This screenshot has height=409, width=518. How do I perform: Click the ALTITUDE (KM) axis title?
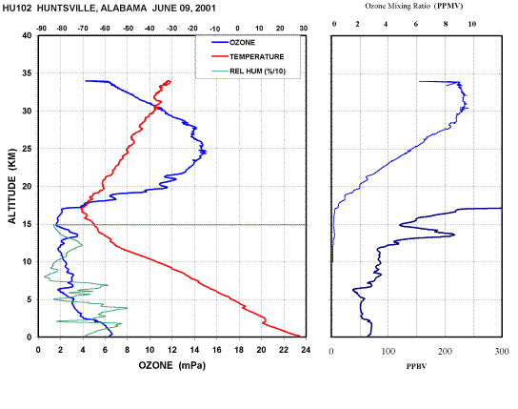[x=11, y=186]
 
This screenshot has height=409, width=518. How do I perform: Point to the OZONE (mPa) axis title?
[x=171, y=365]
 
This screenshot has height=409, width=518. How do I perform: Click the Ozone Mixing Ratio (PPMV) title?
[x=414, y=6]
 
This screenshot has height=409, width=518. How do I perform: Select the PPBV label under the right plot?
[x=416, y=366]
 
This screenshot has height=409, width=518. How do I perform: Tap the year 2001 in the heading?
[x=205, y=9]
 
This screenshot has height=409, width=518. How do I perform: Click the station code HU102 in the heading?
[x=17, y=9]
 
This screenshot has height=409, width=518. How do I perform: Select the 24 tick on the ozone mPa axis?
[x=306, y=350]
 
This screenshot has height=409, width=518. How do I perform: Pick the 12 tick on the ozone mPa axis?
[x=172, y=350]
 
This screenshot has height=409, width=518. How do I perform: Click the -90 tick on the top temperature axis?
[x=41, y=29]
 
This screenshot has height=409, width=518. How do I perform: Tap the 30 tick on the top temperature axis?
[x=304, y=29]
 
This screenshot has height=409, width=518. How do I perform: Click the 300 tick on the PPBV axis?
[x=502, y=352]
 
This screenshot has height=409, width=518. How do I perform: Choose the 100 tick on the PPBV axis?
[x=388, y=352]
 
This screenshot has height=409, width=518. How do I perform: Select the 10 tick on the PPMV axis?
[x=472, y=24]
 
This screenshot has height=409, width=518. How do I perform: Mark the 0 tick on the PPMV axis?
[x=334, y=24]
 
